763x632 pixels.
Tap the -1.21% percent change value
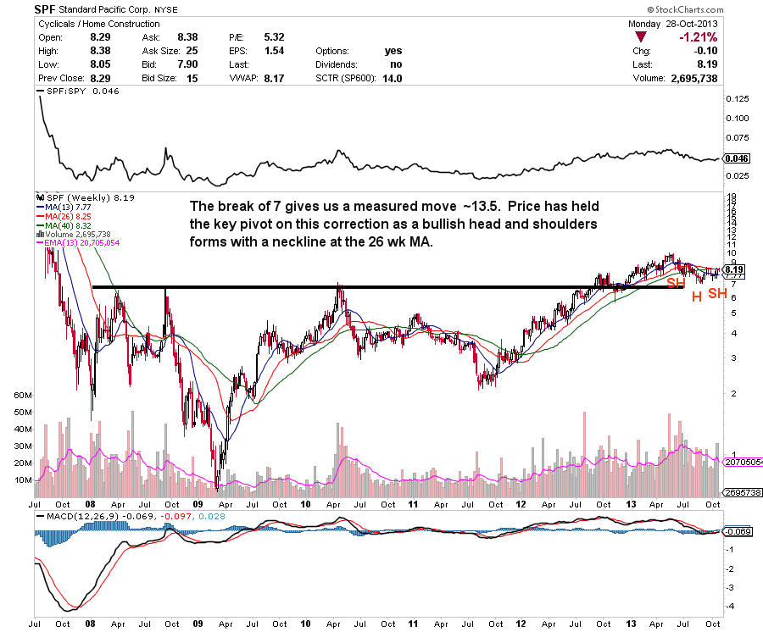[x=698, y=37]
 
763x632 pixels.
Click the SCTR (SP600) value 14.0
[x=392, y=78]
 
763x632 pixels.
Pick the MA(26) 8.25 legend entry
[x=63, y=216]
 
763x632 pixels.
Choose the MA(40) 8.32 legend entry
[x=63, y=225]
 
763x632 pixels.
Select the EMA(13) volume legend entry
[x=81, y=244]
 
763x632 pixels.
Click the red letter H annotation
[x=695, y=297]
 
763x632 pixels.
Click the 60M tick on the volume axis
[x=23, y=396]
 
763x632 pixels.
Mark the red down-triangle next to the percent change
[x=642, y=37]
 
